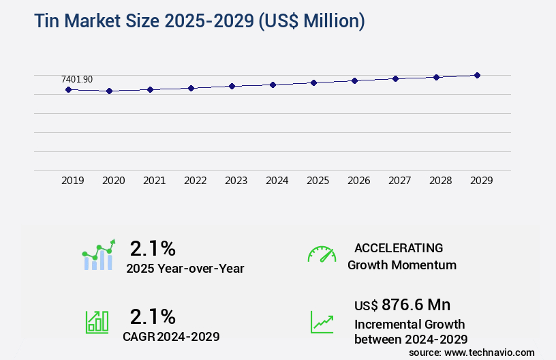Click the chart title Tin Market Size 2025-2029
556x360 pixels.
tap(199, 21)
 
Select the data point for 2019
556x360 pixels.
tap(68, 89)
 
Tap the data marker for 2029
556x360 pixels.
tap(477, 75)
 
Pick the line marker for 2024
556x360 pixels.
tap(273, 85)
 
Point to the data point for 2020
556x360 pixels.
tap(109, 91)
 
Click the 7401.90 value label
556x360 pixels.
tap(77, 79)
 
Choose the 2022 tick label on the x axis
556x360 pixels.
tap(195, 181)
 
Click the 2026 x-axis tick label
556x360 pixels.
tap(358, 181)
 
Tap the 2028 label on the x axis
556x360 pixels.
tap(440, 181)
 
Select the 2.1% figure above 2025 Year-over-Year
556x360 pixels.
tap(153, 248)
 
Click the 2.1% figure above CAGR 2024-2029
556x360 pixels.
tap(153, 316)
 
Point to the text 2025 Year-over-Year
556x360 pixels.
tap(185, 269)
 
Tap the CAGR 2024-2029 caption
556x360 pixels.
tap(171, 336)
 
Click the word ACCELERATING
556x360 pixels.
tap(399, 248)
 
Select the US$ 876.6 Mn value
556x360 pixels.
tap(402, 304)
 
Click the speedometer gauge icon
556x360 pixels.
tap(322, 254)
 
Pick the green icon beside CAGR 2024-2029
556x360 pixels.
tap(97, 322)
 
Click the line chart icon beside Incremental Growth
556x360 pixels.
tap(322, 322)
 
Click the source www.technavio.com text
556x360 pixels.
tap(472, 352)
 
